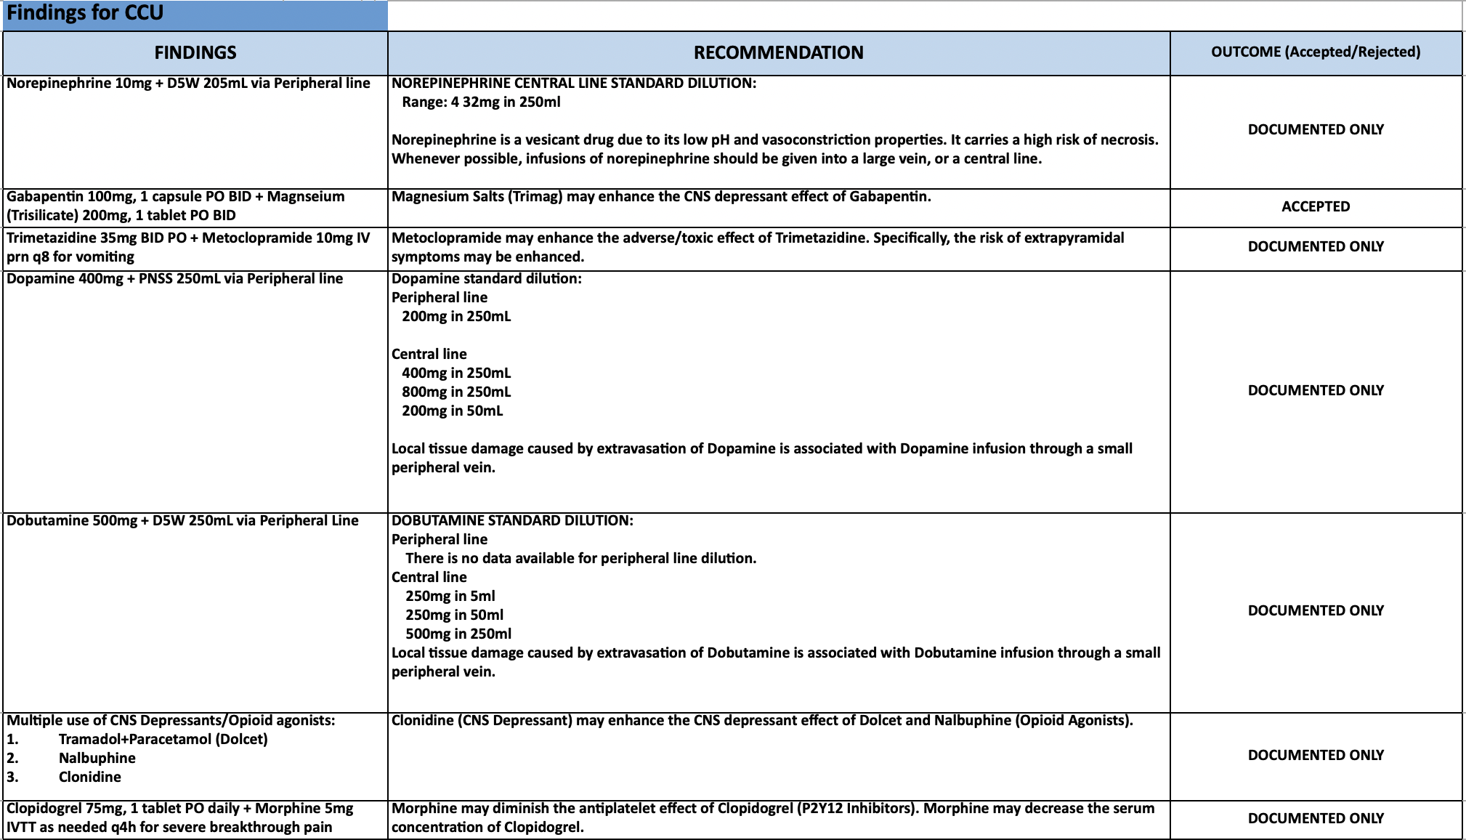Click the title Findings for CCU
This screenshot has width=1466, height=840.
(x=85, y=13)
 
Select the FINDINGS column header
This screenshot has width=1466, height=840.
(x=195, y=52)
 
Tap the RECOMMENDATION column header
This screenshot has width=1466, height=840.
(x=778, y=52)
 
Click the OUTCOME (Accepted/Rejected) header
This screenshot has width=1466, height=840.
(x=1315, y=52)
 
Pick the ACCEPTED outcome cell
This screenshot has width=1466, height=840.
(x=1315, y=206)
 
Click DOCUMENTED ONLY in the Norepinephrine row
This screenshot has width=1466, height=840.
(x=1315, y=129)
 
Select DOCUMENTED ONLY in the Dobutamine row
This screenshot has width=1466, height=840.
(x=1315, y=610)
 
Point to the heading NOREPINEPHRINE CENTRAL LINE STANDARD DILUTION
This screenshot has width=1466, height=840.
(x=574, y=83)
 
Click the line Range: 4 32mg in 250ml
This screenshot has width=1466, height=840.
(x=481, y=102)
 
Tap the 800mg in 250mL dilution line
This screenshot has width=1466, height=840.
(x=456, y=392)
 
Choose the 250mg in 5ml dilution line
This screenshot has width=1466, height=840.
(x=450, y=596)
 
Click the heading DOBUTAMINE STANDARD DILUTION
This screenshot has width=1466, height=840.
(x=512, y=520)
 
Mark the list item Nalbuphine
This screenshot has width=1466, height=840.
(x=97, y=758)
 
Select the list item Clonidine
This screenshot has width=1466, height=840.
(x=90, y=777)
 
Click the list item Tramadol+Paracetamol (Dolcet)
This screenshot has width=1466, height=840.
(x=163, y=739)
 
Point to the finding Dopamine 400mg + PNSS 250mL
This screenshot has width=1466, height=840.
(x=174, y=278)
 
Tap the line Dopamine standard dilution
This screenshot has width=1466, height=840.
(x=486, y=278)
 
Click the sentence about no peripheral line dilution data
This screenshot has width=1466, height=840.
(x=580, y=558)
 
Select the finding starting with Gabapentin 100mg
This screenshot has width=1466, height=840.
(x=175, y=206)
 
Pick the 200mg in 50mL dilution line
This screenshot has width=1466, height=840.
(x=452, y=411)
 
